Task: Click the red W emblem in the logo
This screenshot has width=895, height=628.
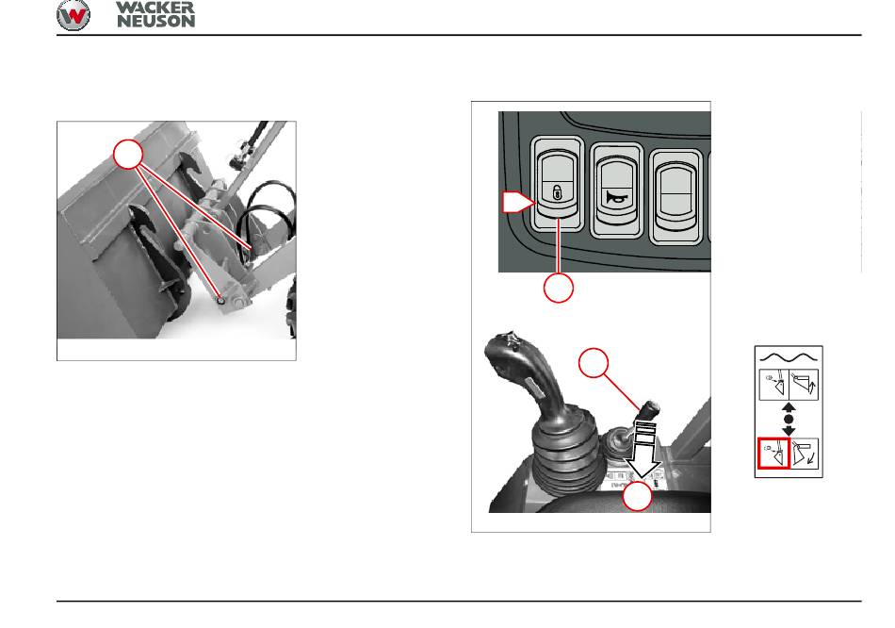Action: (73, 15)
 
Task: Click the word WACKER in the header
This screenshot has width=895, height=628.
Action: (155, 8)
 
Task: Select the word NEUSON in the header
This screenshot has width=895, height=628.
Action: (155, 21)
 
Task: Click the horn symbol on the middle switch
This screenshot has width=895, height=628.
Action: (617, 198)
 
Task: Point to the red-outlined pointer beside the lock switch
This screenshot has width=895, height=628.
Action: (518, 203)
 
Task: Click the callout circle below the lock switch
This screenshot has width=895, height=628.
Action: (559, 288)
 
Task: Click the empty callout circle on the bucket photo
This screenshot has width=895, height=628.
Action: (128, 154)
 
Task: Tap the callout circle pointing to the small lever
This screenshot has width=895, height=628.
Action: (594, 363)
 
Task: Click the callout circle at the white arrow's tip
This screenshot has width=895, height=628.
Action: (637, 496)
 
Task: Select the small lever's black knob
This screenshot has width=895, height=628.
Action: (650, 410)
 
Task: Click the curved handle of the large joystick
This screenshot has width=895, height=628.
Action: (516, 372)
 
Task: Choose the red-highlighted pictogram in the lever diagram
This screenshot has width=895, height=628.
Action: (773, 454)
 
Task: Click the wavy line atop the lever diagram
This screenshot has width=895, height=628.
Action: (789, 357)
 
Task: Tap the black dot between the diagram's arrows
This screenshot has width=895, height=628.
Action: (789, 420)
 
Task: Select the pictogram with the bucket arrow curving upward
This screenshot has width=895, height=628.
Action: (804, 384)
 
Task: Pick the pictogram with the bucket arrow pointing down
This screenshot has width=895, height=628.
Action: (804, 454)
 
